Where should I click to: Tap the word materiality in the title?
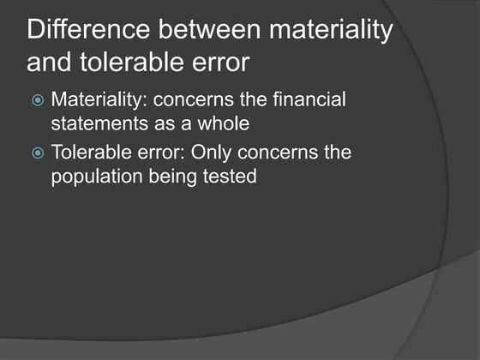[333, 33]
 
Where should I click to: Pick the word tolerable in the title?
[124, 63]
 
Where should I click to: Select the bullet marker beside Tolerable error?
[36, 155]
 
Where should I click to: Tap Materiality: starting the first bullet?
[100, 100]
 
